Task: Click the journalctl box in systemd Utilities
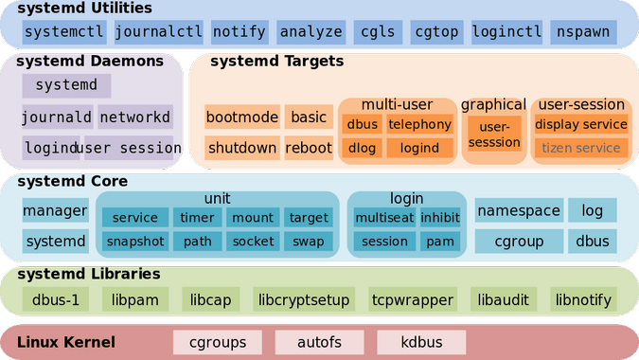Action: pyautogui.click(x=158, y=32)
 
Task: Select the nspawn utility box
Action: pyautogui.click(x=583, y=32)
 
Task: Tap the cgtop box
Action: pyautogui.click(x=436, y=32)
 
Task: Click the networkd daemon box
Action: pyautogui.click(x=135, y=117)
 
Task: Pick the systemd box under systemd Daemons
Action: pyautogui.click(x=66, y=85)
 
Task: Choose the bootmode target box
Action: pyautogui.click(x=242, y=117)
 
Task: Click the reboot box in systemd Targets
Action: pyautogui.click(x=309, y=148)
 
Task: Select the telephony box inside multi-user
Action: pyautogui.click(x=419, y=124)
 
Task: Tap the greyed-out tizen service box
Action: pyautogui.click(x=580, y=148)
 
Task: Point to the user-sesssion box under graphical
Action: pyautogui.click(x=494, y=135)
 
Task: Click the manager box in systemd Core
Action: pyautogui.click(x=56, y=210)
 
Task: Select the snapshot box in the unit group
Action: pyautogui.click(x=135, y=242)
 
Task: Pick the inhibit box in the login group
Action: pyautogui.click(x=440, y=217)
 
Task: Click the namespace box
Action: pyautogui.click(x=519, y=210)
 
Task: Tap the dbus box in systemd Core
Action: pyautogui.click(x=592, y=241)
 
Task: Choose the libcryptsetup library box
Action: pyautogui.click(x=304, y=299)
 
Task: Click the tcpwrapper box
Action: pyautogui.click(x=413, y=299)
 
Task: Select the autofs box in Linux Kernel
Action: pyautogui.click(x=320, y=342)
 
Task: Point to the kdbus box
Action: pyautogui.click(x=421, y=342)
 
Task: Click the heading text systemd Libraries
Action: pyautogui.click(x=88, y=274)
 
